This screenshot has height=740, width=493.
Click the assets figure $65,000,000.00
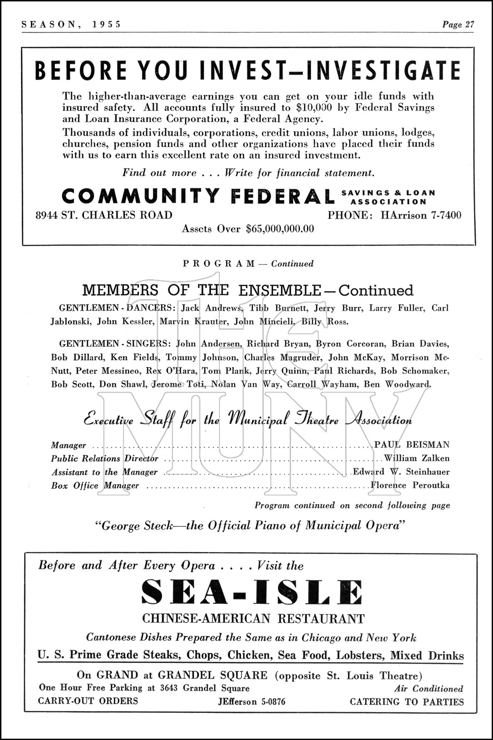pos(280,229)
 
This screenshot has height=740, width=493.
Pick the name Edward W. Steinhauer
pos(401,472)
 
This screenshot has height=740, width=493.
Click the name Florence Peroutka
pos(410,485)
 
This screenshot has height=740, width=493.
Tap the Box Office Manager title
pos(95,485)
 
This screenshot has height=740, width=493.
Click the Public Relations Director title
pos(105,458)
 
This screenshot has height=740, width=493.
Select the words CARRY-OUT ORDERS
pos(88,702)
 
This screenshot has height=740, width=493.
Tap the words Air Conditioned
pos(428,689)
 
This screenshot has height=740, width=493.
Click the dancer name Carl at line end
pos(440,308)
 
